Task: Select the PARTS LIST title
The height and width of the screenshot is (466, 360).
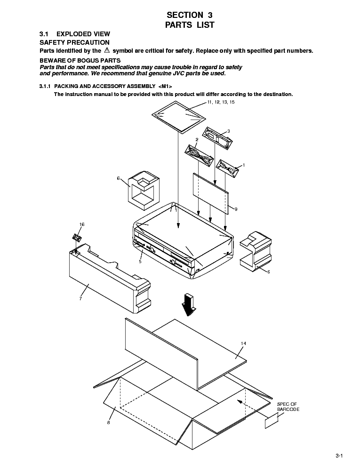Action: [x=190, y=25]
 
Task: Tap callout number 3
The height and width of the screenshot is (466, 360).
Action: [x=228, y=131]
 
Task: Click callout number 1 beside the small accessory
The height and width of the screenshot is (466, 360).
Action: [x=243, y=166]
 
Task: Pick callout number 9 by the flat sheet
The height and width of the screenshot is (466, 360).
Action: [x=235, y=209]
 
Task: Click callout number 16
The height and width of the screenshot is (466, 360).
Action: [x=82, y=225]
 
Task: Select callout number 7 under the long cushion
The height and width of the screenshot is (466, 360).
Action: [x=80, y=298]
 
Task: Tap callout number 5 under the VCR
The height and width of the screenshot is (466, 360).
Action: [x=140, y=261]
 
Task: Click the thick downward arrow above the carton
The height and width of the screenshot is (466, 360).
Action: [x=190, y=305]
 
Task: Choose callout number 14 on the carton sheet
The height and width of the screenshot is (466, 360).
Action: [x=243, y=344]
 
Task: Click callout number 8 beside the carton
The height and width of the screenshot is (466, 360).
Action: [x=109, y=422]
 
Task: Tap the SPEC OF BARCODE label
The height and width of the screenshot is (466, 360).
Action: [x=288, y=407]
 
